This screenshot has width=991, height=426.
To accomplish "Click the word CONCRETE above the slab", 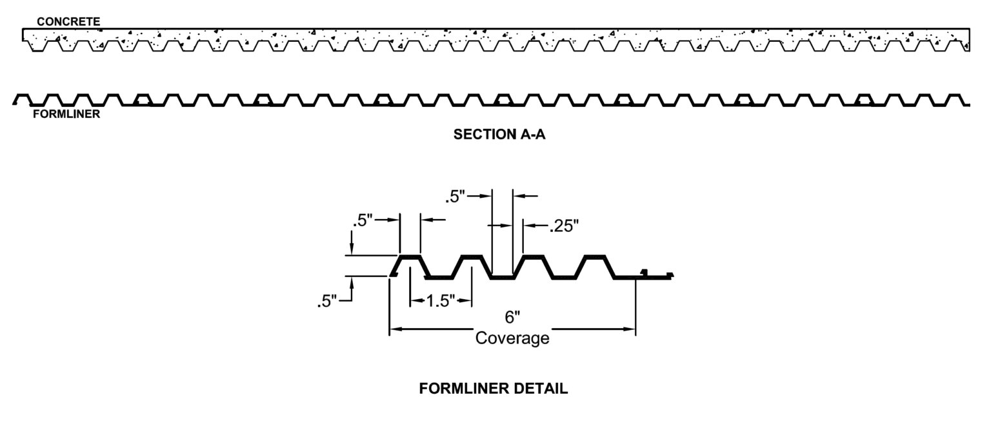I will (68, 22).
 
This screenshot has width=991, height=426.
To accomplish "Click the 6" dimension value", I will (513, 318).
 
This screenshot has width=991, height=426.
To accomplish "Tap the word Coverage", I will (512, 338).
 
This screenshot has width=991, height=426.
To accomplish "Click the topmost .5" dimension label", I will (457, 196).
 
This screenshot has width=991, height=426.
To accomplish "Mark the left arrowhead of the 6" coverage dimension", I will (394, 329).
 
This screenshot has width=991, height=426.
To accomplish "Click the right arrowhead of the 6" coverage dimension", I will (632, 329).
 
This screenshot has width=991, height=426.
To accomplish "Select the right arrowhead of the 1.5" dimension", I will (468, 300).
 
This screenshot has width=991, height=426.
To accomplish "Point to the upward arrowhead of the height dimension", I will (352, 281).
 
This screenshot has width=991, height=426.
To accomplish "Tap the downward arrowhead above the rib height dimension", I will (352, 251).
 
